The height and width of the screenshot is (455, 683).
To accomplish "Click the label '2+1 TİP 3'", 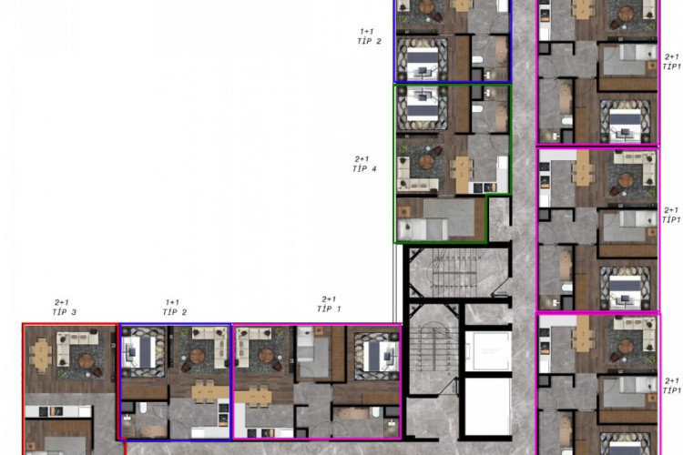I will pyautogui.click(x=64, y=307).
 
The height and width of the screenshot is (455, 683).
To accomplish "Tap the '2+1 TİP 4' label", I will pyautogui.click(x=364, y=163).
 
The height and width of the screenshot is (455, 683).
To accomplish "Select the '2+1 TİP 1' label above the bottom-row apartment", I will pyautogui.click(x=329, y=304).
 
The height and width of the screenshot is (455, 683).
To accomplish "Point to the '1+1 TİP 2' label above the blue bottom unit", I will pyautogui.click(x=174, y=307).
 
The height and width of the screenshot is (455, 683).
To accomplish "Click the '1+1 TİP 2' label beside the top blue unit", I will pyautogui.click(x=369, y=36).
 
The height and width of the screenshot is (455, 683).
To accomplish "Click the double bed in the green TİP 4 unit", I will pyautogui.click(x=422, y=106).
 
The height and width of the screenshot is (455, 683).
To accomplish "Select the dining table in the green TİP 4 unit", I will pyautogui.click(x=463, y=169).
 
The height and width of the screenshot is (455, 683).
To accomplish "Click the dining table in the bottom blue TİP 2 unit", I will pyautogui.click(x=209, y=392).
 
